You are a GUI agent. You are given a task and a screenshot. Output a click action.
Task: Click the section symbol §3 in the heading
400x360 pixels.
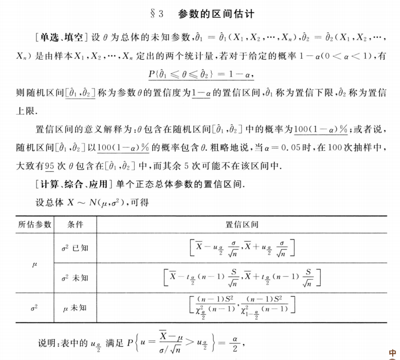(x=157, y=14)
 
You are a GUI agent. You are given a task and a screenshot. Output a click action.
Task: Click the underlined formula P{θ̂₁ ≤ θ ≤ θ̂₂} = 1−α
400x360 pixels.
(x=200, y=76)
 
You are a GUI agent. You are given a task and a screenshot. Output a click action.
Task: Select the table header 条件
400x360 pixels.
(x=75, y=224)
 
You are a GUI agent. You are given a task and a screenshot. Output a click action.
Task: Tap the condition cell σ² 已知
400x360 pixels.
(x=75, y=248)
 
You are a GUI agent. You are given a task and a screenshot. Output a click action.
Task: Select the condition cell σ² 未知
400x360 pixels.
(x=75, y=278)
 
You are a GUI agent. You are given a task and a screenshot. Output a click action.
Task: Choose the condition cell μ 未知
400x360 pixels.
(x=75, y=308)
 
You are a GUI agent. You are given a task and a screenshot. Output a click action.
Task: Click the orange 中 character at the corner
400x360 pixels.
(x=393, y=353)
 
